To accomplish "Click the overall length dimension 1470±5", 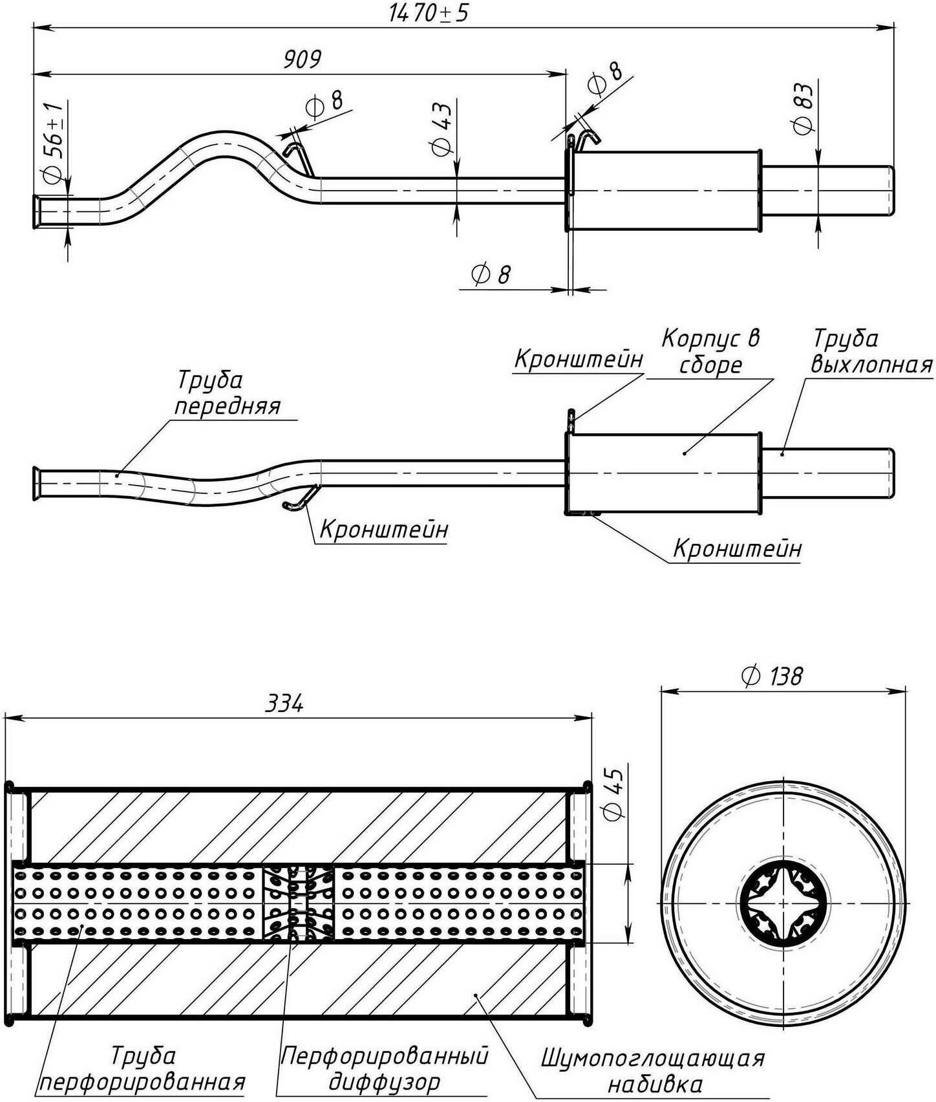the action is click(429, 14).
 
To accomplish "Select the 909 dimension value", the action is click(303, 59).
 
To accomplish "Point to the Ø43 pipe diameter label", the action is click(441, 129).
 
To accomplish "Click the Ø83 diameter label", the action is click(803, 109).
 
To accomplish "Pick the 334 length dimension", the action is click(284, 704).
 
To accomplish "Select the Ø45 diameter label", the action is click(612, 795).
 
